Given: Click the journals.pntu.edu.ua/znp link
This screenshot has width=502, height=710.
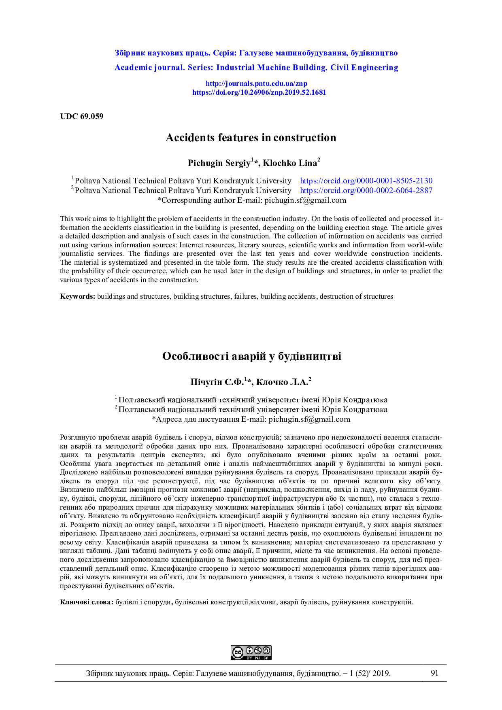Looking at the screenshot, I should pyautogui.click(x=256, y=84).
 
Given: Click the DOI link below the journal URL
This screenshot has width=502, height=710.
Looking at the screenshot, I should pyautogui.click(x=259, y=92).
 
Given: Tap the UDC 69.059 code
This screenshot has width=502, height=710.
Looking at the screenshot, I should pyautogui.click(x=82, y=117).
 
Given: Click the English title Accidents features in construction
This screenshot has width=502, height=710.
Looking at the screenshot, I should pyautogui.click(x=251, y=138).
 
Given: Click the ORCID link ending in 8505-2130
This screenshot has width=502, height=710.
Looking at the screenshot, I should pyautogui.click(x=366, y=181).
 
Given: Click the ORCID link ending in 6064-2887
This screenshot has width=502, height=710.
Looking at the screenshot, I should pyautogui.click(x=366, y=191).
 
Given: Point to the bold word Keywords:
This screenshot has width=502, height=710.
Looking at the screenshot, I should pyautogui.click(x=77, y=296).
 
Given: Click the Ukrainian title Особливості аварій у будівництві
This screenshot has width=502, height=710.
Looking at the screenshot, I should pyautogui.click(x=251, y=356).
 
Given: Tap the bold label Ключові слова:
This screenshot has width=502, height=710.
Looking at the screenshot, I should pyautogui.click(x=87, y=602).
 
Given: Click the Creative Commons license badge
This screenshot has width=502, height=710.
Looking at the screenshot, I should pyautogui.click(x=251, y=653).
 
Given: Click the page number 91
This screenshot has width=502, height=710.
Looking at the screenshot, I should pyautogui.click(x=434, y=673).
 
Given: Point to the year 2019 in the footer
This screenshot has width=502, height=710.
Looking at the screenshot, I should pyautogui.click(x=381, y=674).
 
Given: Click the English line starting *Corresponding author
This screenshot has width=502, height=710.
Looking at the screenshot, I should pyautogui.click(x=251, y=200).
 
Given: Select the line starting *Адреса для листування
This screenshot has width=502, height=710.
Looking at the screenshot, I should pyautogui.click(x=251, y=419).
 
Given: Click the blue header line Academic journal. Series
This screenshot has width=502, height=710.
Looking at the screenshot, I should pyautogui.click(x=256, y=68).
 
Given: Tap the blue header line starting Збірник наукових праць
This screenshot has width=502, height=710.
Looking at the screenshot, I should pyautogui.click(x=256, y=53).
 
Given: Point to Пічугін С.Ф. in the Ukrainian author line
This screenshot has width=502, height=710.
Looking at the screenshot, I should pyautogui.click(x=217, y=382).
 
